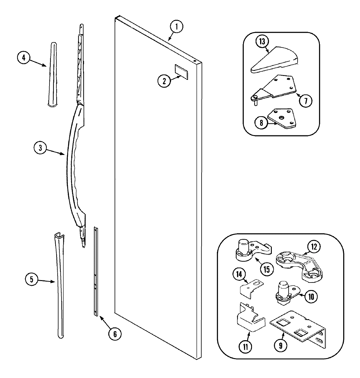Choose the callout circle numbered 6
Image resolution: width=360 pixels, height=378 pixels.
pyautogui.click(x=115, y=334)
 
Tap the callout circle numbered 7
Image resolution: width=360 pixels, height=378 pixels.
pyautogui.click(x=305, y=101)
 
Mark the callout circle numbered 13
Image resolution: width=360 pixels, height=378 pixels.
pyautogui.click(x=262, y=41)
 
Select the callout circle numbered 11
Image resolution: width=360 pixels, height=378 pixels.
pyautogui.click(x=245, y=347)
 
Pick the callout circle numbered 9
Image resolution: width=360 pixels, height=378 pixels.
pyautogui.click(x=280, y=346)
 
